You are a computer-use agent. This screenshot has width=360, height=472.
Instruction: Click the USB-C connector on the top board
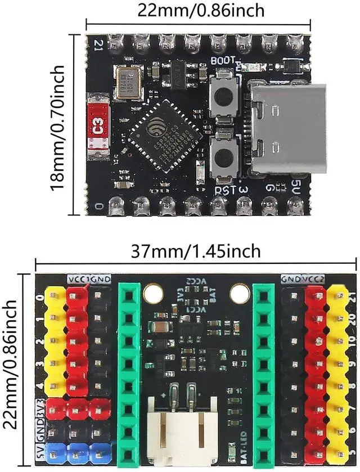tap(287, 130)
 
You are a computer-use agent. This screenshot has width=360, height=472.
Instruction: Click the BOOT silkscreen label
tap(223, 60)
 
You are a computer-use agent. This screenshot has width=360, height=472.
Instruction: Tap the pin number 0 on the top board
tap(100, 206)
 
